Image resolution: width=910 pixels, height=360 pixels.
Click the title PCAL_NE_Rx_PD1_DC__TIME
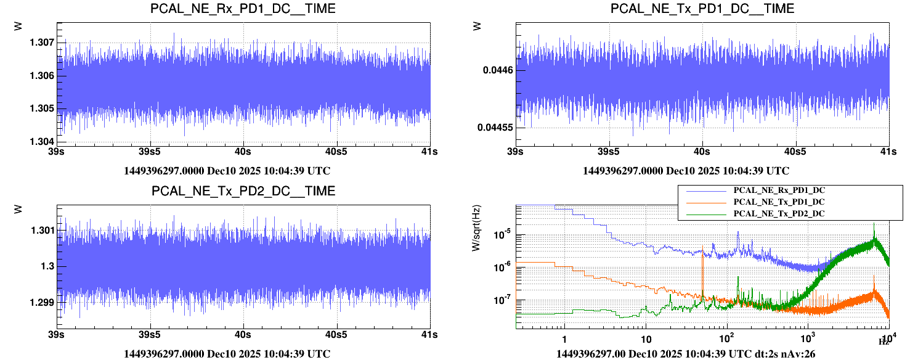243,9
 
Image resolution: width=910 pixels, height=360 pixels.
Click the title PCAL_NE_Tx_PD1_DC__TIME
702,9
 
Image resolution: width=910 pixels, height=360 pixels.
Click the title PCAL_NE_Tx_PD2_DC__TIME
243,191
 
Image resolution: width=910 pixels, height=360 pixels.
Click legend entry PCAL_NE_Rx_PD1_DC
779,190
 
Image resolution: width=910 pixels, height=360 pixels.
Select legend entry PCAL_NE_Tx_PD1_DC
779,202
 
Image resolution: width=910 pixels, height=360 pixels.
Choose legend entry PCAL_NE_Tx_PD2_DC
779,213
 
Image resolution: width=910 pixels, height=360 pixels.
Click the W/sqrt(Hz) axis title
476,229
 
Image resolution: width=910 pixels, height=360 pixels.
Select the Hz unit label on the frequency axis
882,342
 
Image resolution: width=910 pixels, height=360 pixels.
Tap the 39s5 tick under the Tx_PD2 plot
150,334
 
